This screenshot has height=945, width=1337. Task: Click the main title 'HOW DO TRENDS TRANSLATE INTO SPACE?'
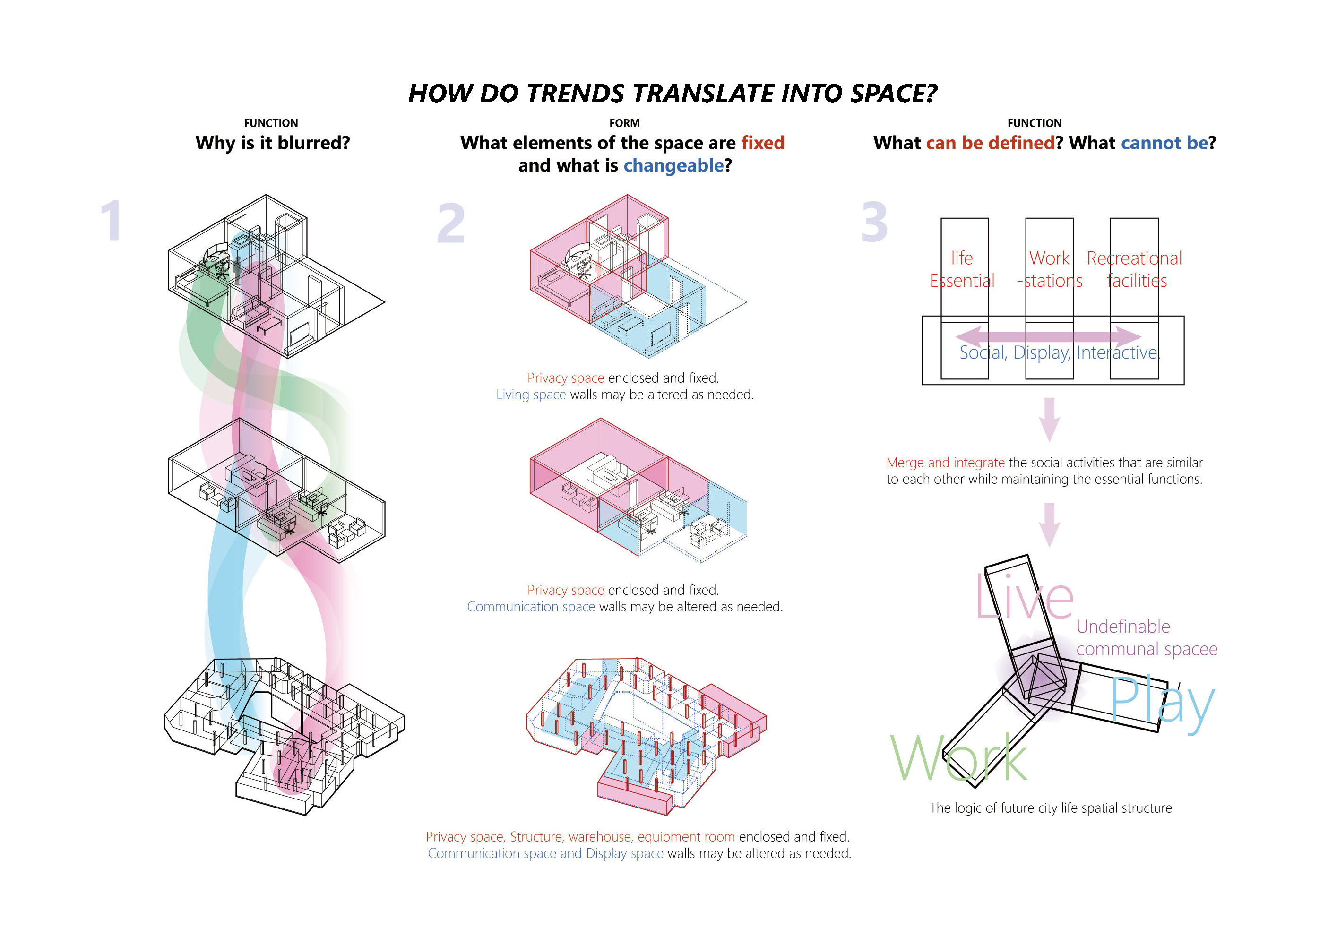click(x=673, y=93)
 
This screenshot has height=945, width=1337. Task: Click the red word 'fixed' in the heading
click(x=763, y=143)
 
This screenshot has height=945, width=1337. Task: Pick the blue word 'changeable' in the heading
click(x=674, y=166)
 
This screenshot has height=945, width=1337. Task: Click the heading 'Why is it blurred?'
click(x=273, y=143)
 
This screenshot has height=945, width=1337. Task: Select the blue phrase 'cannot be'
click(x=1164, y=143)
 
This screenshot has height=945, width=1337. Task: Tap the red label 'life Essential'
click(x=962, y=269)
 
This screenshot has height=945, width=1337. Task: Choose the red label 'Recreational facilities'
click(x=1135, y=269)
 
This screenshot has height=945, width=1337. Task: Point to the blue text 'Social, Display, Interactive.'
click(x=1060, y=352)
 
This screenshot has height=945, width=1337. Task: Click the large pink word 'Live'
click(x=1025, y=597)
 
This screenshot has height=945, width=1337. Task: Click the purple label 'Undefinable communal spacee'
click(x=1147, y=637)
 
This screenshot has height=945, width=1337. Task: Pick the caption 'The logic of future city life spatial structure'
click(x=1051, y=808)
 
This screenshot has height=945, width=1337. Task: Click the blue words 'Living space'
click(x=531, y=395)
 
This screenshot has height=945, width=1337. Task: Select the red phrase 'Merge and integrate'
click(x=945, y=463)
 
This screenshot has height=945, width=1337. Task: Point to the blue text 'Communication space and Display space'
click(x=546, y=854)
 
